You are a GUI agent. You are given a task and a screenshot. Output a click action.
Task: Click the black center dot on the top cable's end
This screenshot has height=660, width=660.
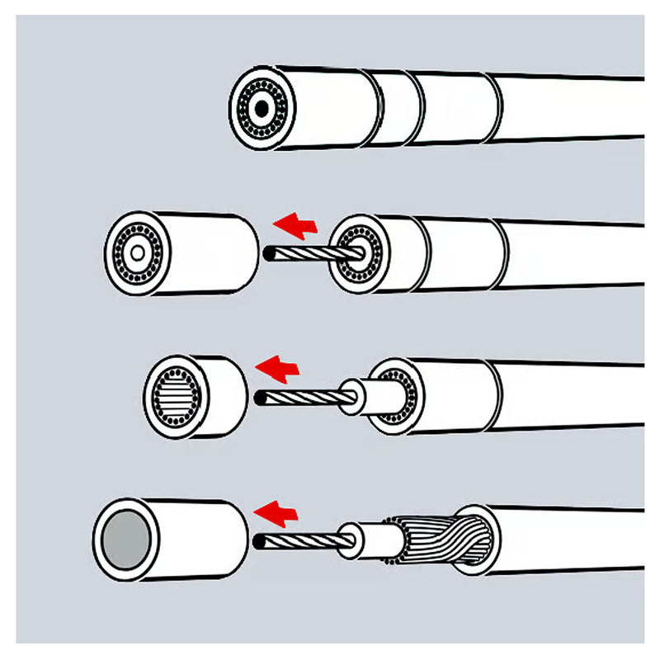pos(262,109)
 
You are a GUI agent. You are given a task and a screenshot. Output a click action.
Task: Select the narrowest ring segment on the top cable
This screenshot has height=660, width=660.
pos(396,108)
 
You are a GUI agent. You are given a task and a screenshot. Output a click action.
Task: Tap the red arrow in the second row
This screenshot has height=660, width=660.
pos(296,224)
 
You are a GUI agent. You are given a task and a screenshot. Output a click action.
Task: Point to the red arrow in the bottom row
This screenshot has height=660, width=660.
pos(276,512)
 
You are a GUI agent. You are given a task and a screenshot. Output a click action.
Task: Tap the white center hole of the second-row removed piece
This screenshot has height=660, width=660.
pos(137,252)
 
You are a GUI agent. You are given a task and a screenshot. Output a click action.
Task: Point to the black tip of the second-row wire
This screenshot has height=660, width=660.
pos(267,253)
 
